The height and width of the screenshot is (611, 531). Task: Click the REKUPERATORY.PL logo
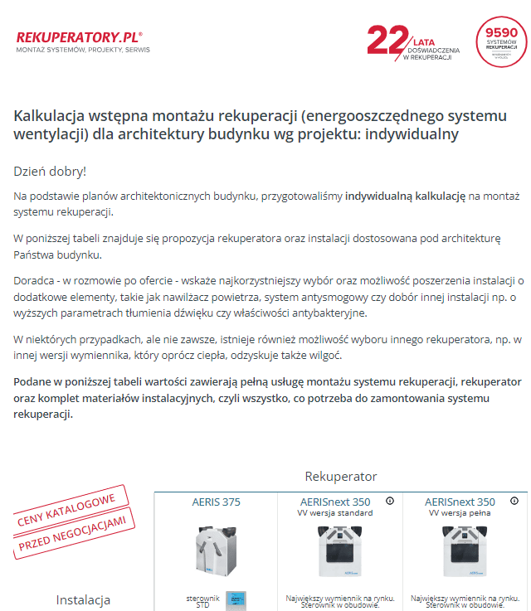[x=79, y=37]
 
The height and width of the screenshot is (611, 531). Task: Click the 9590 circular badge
[x=501, y=41]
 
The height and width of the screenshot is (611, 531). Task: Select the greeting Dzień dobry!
[x=50, y=172]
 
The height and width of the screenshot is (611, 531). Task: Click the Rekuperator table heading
[x=341, y=477]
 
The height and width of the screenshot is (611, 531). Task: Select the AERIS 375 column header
[x=216, y=502]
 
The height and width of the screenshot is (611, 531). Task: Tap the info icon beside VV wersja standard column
[x=390, y=501]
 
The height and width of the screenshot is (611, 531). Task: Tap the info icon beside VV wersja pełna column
[x=514, y=501]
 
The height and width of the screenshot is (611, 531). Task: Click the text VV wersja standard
[x=335, y=513]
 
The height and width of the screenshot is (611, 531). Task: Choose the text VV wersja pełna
[x=459, y=513]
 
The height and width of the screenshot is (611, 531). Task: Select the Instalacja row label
[x=83, y=599]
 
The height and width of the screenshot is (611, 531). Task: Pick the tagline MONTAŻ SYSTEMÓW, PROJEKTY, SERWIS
[x=83, y=51]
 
